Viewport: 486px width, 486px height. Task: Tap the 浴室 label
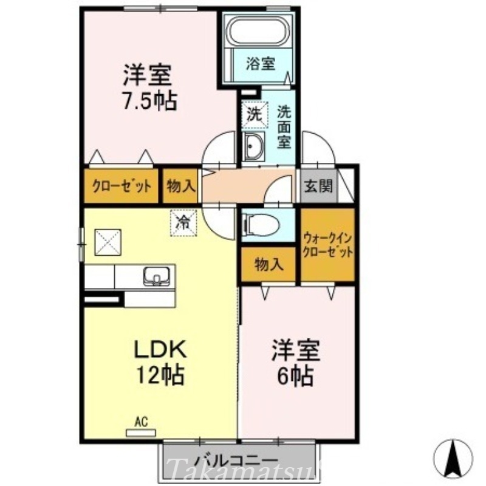[x=261, y=63]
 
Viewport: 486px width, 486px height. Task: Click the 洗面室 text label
[x=284, y=127]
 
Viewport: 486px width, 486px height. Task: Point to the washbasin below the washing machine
[x=253, y=146]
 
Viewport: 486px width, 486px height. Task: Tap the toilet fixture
[x=262, y=224]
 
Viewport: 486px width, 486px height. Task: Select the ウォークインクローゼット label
[x=327, y=245]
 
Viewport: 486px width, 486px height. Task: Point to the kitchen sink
[x=156, y=276]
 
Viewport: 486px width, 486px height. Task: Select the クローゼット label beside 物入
[x=122, y=186]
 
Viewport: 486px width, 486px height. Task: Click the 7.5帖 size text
[x=149, y=100]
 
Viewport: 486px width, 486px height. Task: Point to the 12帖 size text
[x=159, y=375]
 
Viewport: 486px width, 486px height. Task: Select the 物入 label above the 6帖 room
[x=268, y=264]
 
